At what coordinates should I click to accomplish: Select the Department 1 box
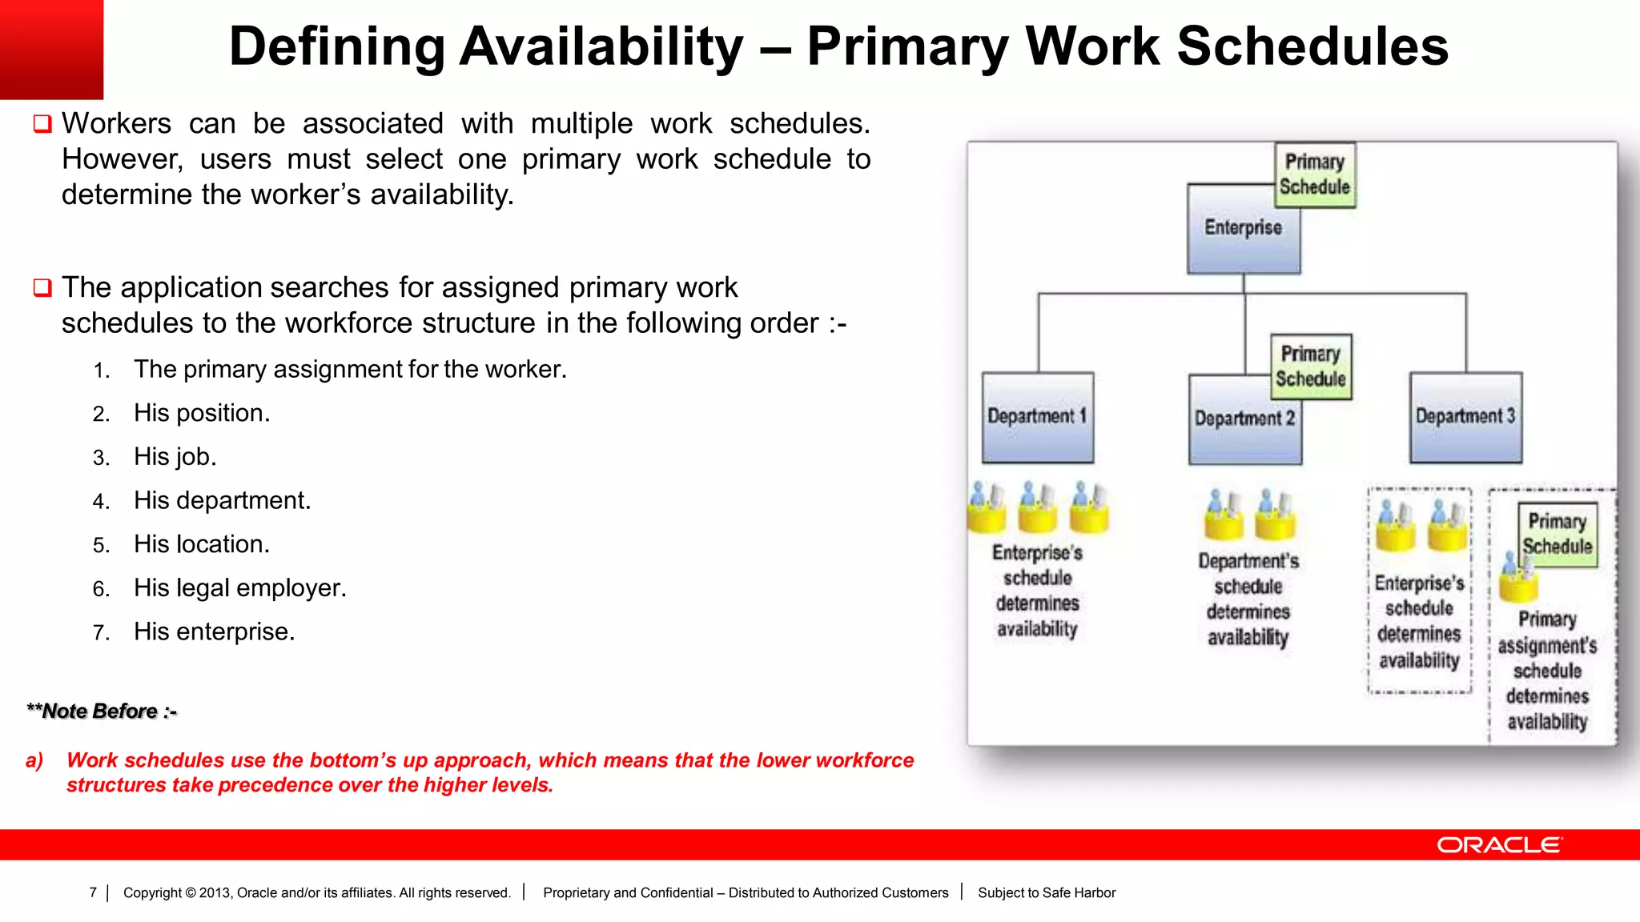(1037, 417)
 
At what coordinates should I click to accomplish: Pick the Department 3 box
(1465, 417)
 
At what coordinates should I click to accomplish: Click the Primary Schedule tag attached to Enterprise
(1315, 174)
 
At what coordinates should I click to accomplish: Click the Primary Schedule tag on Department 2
(1311, 367)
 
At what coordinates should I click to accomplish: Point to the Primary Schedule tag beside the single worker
(1558, 534)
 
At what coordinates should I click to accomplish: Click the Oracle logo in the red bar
(1499, 845)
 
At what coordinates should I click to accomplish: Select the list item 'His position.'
(202, 413)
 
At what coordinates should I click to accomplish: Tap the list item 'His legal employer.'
(239, 588)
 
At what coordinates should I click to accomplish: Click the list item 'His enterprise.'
(214, 631)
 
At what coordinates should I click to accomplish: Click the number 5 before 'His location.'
(100, 546)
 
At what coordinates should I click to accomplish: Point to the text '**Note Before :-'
(102, 711)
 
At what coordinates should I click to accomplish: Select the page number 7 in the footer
(93, 892)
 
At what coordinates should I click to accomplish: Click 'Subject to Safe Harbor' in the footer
(1046, 892)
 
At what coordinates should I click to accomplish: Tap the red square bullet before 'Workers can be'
(42, 124)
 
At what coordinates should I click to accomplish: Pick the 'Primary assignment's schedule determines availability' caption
(1547, 670)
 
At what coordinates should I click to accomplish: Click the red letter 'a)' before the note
(34, 760)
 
